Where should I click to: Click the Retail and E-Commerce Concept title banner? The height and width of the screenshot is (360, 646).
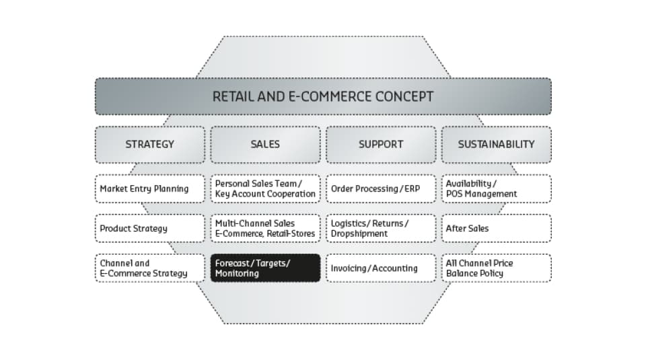[323, 96]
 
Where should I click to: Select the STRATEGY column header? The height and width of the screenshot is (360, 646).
[150, 145]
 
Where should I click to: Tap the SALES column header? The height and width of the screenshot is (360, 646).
[265, 145]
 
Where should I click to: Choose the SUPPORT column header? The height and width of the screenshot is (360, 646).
[381, 145]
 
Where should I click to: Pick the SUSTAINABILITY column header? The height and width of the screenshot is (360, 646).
[497, 145]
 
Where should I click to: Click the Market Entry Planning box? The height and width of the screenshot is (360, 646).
[150, 188]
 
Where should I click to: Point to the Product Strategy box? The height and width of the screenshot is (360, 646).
[150, 228]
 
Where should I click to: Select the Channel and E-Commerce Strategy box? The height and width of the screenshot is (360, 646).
[150, 268]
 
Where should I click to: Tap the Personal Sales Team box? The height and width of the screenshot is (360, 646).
[265, 188]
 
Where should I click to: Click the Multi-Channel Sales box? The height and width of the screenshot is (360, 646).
[265, 228]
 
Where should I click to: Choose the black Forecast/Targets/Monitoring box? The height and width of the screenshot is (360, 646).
[265, 268]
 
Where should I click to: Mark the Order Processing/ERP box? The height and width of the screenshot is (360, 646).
[381, 188]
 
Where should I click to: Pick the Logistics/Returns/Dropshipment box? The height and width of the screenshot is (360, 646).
[381, 228]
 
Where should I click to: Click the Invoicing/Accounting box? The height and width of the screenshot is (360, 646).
[381, 268]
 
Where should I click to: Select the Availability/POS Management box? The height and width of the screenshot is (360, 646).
[497, 188]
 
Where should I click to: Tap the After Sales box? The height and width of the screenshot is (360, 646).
[497, 228]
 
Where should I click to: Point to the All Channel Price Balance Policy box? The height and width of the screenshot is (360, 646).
[497, 268]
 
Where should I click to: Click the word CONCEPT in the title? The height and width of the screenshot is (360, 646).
[398, 96]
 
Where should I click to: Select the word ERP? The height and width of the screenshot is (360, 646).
[412, 188]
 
